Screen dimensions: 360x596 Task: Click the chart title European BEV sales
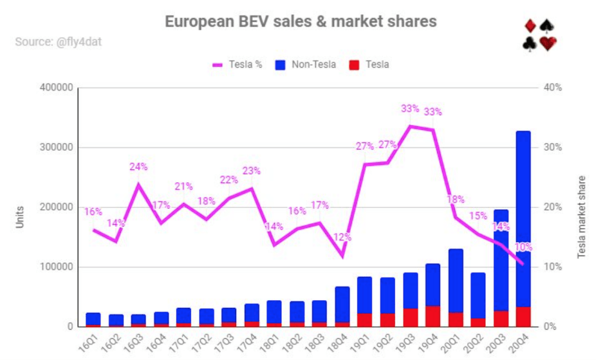301,21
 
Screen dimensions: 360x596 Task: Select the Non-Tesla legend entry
306,64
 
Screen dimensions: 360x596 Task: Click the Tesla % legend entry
238,64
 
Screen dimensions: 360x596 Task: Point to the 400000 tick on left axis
55,88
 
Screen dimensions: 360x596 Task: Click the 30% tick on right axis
553,147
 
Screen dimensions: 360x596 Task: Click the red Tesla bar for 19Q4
433,316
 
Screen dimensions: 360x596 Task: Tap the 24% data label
138,167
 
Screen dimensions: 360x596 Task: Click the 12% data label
342,237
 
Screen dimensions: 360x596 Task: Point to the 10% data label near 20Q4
524,247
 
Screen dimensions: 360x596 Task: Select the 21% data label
183,187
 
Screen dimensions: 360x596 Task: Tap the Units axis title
19,217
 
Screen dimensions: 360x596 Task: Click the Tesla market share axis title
581,217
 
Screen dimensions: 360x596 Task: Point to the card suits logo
539,35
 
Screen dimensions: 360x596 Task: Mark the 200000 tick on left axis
55,207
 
